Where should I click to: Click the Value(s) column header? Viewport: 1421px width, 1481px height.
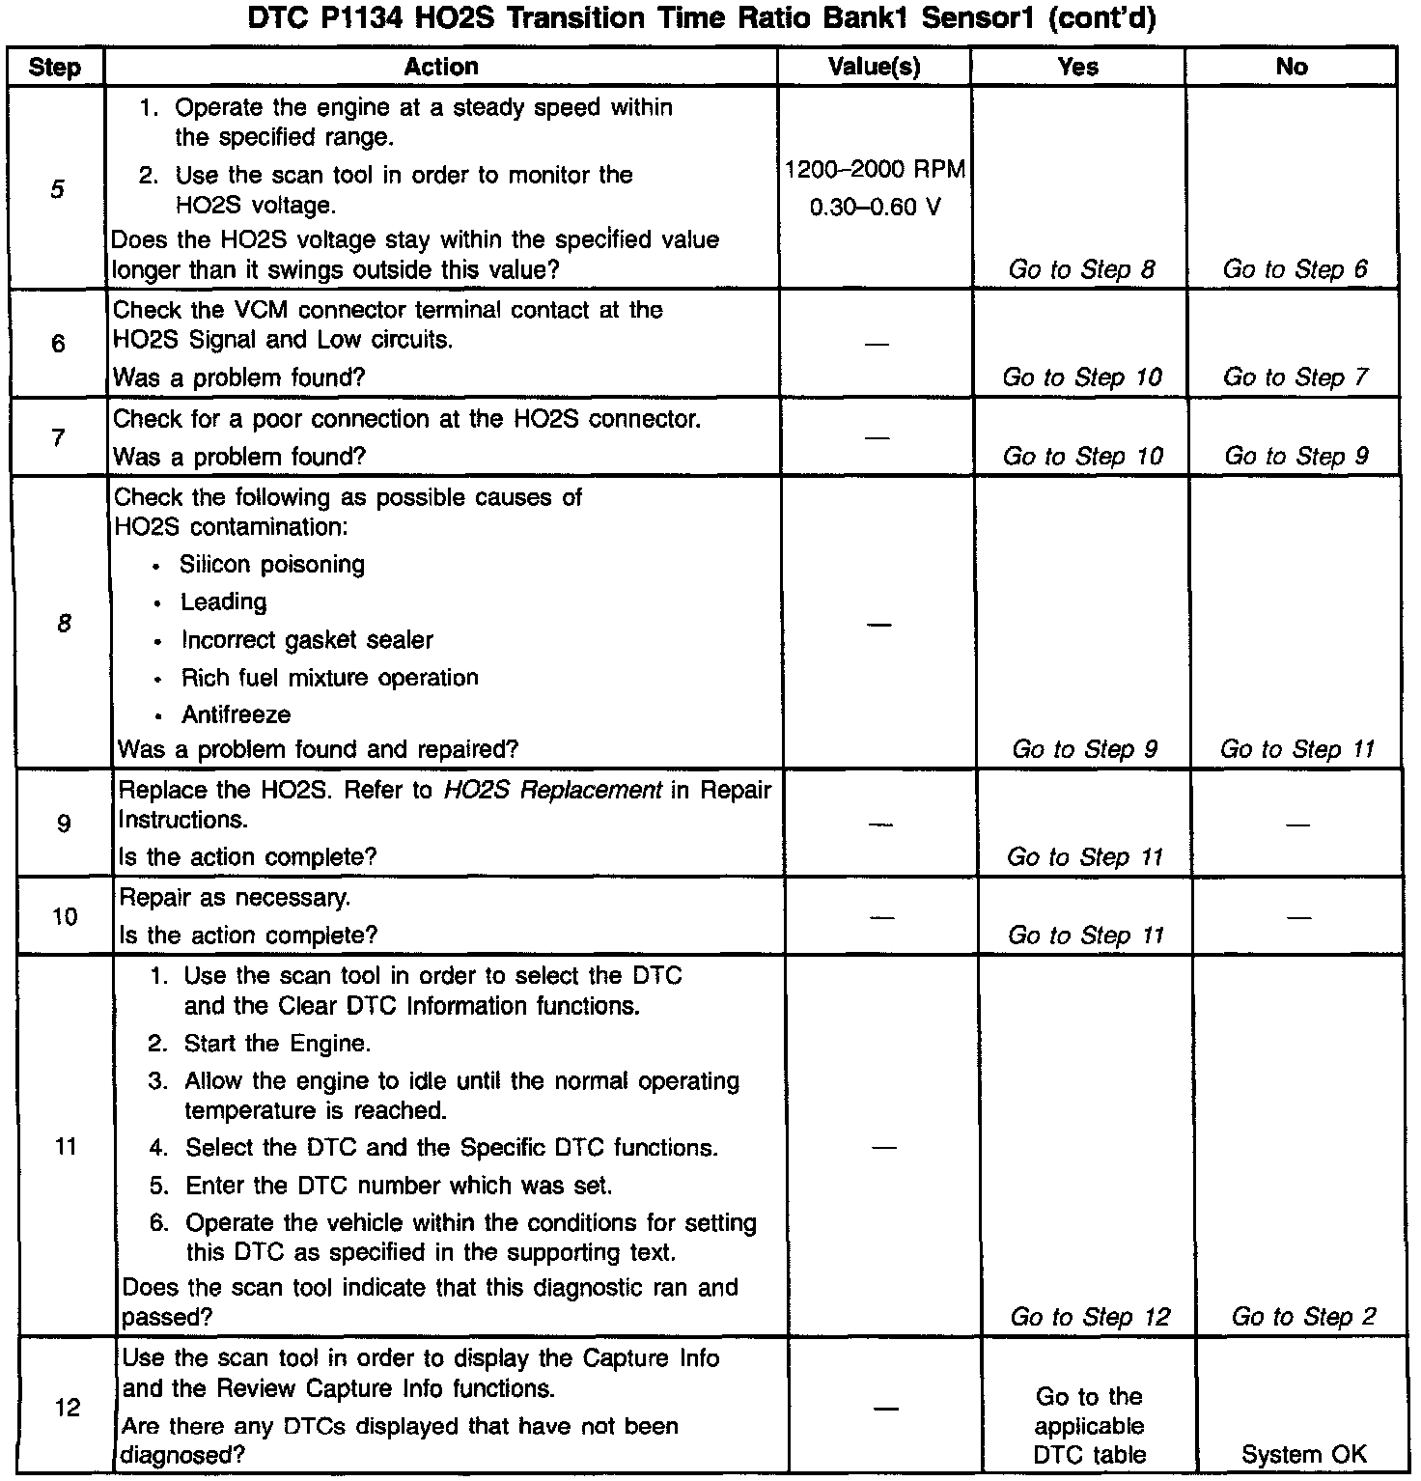coord(874,67)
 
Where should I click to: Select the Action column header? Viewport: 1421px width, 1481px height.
coord(441,67)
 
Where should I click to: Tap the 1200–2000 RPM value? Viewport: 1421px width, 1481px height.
coord(875,170)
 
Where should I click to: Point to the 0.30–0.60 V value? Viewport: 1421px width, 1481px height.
coord(875,207)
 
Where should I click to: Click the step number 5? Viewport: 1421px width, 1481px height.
coord(58,188)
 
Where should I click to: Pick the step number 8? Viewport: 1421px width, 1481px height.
coord(64,624)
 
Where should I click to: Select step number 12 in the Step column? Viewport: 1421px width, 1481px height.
coord(67,1408)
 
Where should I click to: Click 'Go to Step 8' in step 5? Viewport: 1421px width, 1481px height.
coord(1081,269)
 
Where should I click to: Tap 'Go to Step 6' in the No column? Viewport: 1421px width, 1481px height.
coord(1295,269)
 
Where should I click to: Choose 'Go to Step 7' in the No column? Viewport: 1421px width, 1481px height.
coord(1295,377)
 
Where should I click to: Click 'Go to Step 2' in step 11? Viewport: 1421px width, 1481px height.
coord(1303,1317)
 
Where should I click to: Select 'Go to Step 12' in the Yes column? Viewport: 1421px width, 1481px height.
coord(1090,1317)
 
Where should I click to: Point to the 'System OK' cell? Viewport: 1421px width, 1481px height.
coord(1303,1455)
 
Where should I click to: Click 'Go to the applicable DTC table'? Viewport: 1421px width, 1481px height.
coord(1089,1426)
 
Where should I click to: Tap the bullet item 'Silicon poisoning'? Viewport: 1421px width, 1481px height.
coord(272,565)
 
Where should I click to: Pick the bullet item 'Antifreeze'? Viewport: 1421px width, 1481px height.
coord(236,715)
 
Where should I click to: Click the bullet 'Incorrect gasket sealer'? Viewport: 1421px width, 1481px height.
coord(307,640)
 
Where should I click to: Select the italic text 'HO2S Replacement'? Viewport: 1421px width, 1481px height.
coord(552,791)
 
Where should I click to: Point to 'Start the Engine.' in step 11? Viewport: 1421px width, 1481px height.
coord(277,1044)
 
